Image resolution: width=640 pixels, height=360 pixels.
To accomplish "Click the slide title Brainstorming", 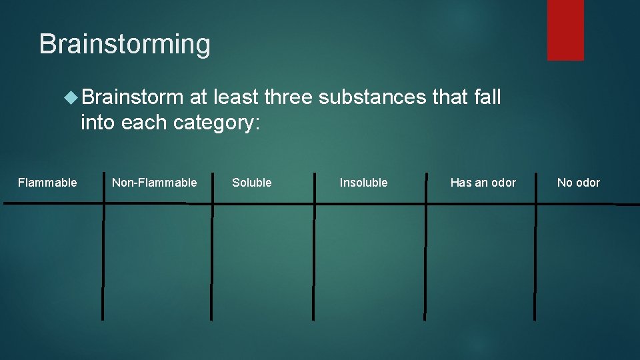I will coord(125,45).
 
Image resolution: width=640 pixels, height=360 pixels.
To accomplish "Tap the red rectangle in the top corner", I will coord(565,30).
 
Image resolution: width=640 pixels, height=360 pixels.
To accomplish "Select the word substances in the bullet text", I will coord(372,97).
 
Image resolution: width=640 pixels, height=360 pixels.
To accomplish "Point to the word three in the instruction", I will coord(288,97).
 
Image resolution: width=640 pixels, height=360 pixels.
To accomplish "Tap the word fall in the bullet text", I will coord(487,97).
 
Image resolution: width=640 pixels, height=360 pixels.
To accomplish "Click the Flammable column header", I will coord(47,183).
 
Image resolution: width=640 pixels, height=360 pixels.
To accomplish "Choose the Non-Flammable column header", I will coord(155,183).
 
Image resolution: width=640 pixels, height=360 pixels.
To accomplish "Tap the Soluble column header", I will coord(252,183).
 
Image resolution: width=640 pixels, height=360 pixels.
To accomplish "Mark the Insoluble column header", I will coord(363,183).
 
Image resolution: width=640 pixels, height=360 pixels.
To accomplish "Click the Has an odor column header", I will coord(483,183).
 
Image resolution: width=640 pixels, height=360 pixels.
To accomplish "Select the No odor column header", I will coord(579,183).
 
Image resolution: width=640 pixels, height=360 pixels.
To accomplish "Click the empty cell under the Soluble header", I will coord(263,260).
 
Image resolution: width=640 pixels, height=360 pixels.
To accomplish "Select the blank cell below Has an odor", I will coord(480,260).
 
